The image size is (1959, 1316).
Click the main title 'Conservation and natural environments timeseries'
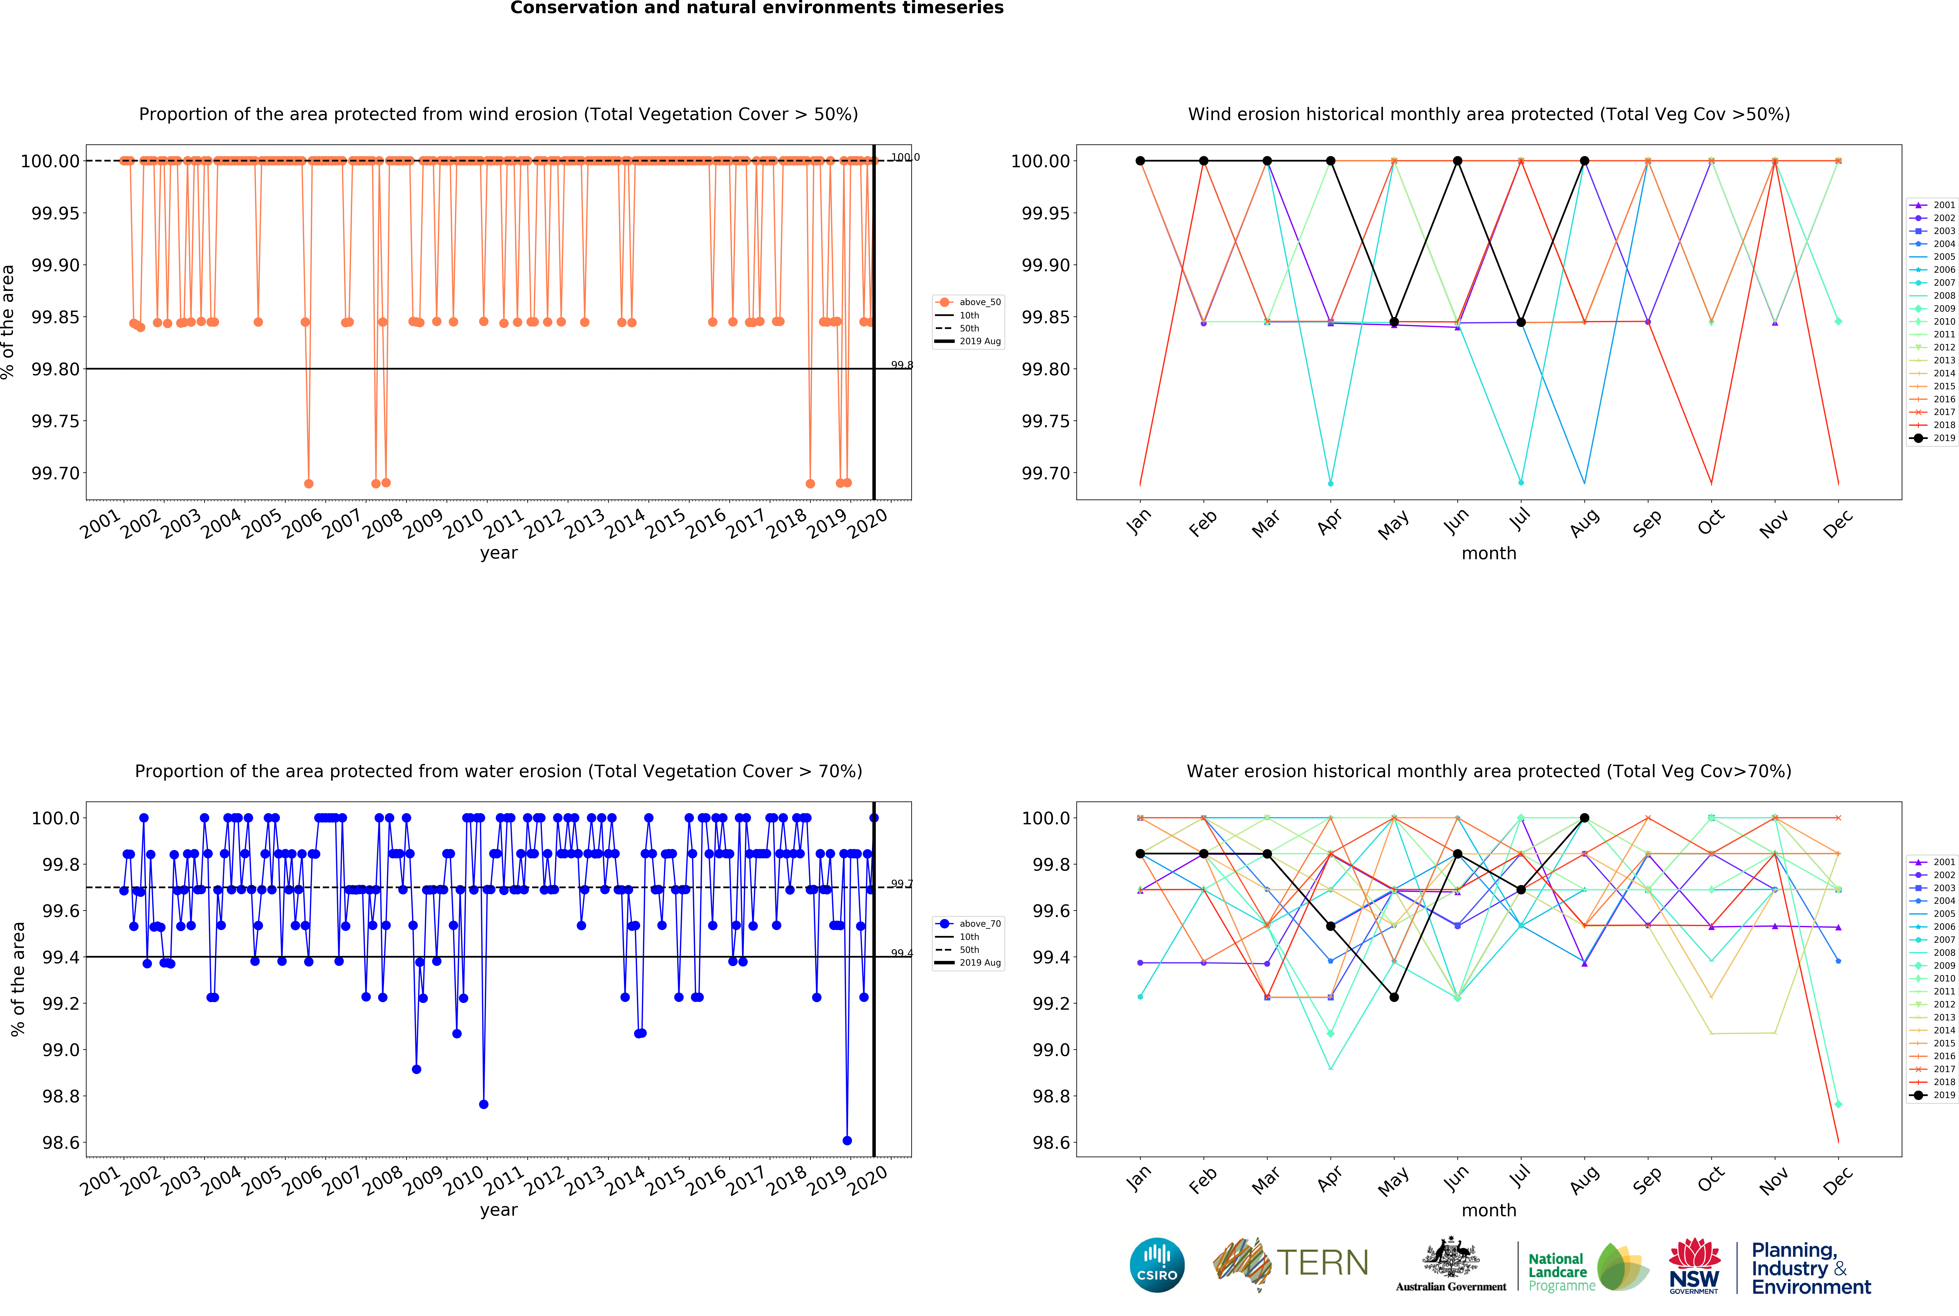(757, 8)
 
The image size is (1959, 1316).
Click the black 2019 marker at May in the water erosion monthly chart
(1394, 997)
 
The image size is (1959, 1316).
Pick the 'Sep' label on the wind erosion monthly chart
(1647, 523)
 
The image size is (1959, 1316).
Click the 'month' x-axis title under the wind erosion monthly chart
(1489, 553)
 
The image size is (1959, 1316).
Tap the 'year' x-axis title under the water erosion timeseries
(499, 1210)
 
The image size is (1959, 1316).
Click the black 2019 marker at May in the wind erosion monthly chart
(1394, 322)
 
